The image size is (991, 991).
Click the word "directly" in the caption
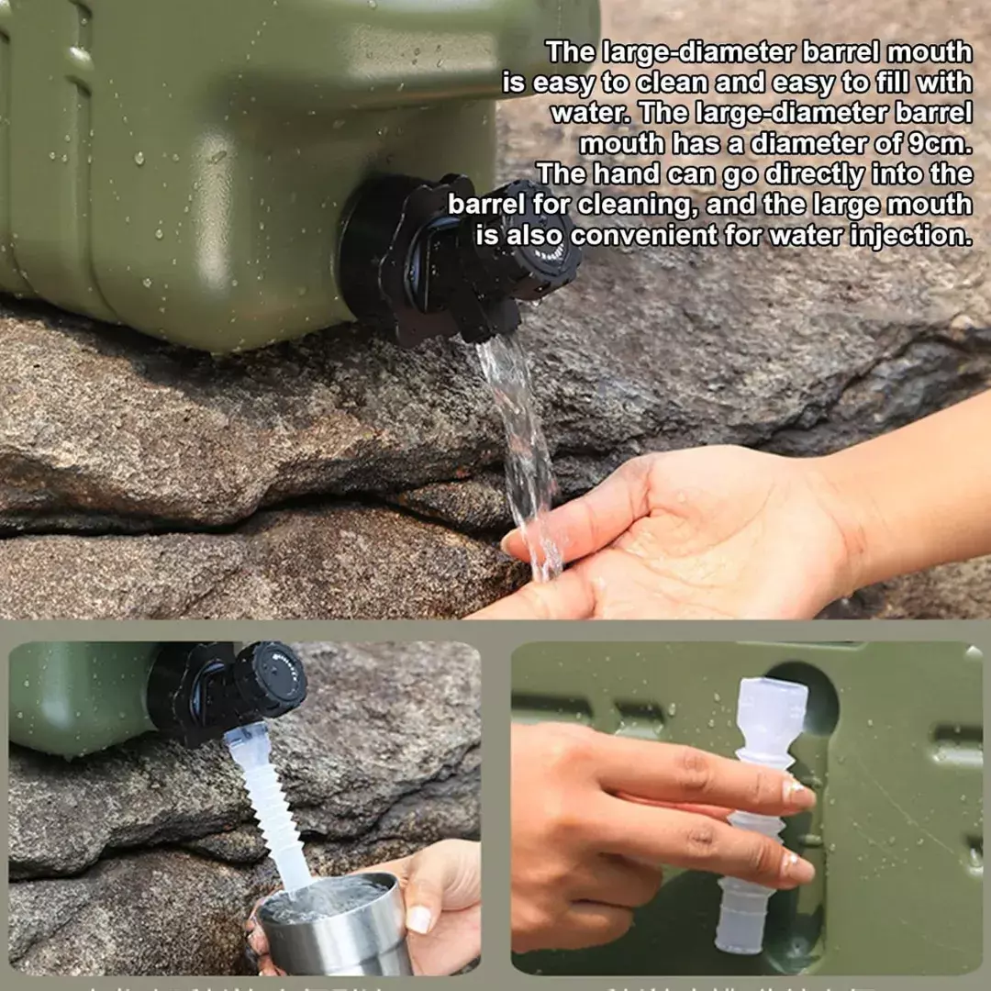click(814, 174)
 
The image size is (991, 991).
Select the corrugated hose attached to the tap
click(271, 807)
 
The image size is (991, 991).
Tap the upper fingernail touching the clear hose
click(797, 794)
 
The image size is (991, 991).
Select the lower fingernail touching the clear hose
click(796, 864)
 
